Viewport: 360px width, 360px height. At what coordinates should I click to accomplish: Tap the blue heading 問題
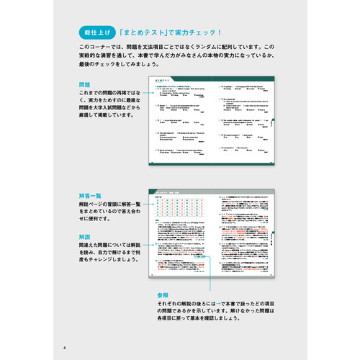pyautogui.click(x=85, y=84)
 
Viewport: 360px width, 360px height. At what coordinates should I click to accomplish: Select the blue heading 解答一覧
pyautogui.click(x=91, y=196)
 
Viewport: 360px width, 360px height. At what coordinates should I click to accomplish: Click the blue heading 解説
pyautogui.click(x=85, y=236)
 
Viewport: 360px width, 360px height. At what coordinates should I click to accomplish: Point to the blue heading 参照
pyautogui.click(x=163, y=296)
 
